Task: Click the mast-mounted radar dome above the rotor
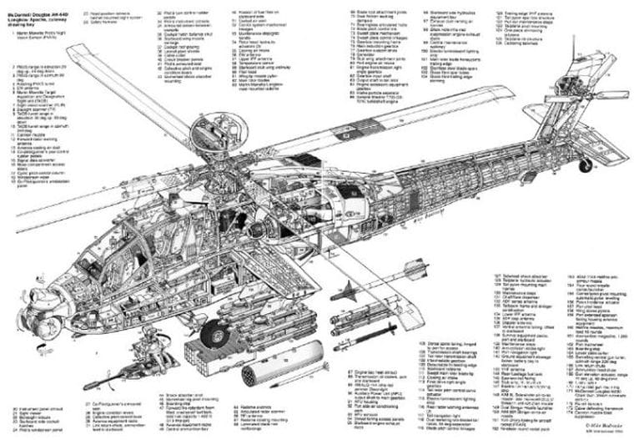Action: click(x=205, y=127)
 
